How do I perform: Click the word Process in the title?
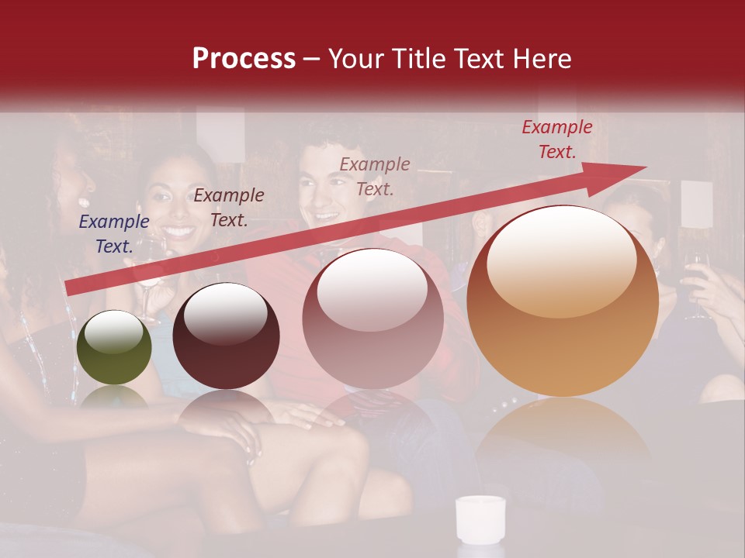click(x=244, y=59)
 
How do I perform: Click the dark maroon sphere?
click(x=226, y=336)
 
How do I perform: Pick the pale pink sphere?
click(x=372, y=319)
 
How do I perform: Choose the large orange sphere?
click(x=563, y=301)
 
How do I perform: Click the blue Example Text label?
click(x=114, y=234)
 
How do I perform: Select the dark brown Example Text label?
click(x=229, y=208)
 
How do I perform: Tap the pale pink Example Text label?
click(x=375, y=176)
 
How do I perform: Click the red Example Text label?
click(x=557, y=139)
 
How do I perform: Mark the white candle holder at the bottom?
click(x=480, y=519)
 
